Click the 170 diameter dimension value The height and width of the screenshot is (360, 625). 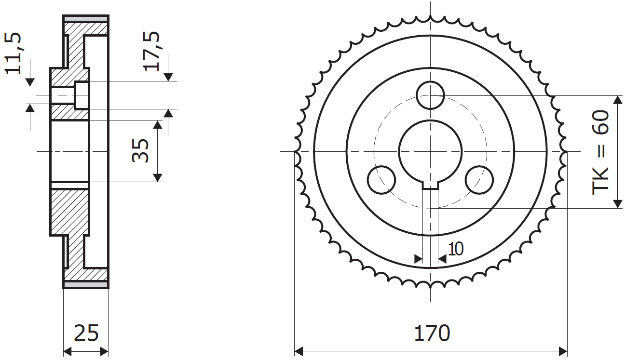pyautogui.click(x=432, y=333)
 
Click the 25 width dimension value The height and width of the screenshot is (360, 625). pyautogui.click(x=86, y=333)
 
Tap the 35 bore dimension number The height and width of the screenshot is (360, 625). pyautogui.click(x=140, y=150)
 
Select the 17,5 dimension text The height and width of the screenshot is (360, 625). pyautogui.click(x=151, y=51)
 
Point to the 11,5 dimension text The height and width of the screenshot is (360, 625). pyautogui.click(x=13, y=53)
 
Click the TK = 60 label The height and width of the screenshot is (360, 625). pyautogui.click(x=600, y=153)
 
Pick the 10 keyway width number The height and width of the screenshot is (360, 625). pyautogui.click(x=456, y=249)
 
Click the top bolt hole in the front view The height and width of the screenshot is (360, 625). pyautogui.click(x=430, y=95)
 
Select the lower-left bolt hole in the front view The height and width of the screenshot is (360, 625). pyautogui.click(x=381, y=180)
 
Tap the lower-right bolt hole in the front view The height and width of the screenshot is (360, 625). pyautogui.click(x=479, y=180)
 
